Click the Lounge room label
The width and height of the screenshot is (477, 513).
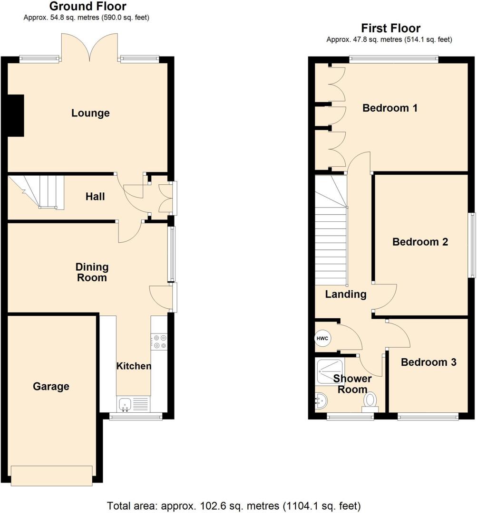(90, 113)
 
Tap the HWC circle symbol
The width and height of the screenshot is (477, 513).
(322, 339)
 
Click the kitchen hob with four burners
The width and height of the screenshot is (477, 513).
(159, 342)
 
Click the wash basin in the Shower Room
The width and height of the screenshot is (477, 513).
(320, 402)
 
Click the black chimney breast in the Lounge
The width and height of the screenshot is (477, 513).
(15, 115)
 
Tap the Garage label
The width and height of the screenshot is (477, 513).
(51, 387)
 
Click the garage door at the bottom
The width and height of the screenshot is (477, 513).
(52, 475)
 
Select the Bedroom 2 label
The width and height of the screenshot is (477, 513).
(420, 242)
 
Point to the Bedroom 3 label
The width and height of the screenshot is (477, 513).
(428, 362)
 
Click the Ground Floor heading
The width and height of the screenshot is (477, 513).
(88, 7)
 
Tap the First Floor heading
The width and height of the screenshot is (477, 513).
(390, 28)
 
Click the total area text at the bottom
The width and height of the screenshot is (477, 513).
(234, 505)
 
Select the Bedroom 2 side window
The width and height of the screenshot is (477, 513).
(473, 245)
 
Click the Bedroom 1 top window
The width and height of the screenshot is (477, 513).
(393, 59)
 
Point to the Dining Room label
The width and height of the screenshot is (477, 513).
(92, 272)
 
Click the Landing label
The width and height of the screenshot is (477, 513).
(345, 294)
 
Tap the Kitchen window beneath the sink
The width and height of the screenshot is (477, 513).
(136, 417)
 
